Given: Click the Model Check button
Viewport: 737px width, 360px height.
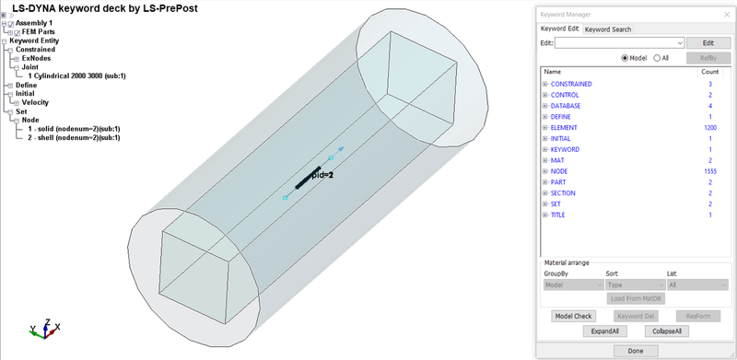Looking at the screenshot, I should point(573,316).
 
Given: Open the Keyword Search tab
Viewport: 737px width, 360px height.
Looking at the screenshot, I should point(608,29).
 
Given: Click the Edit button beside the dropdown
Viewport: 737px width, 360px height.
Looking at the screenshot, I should point(701,42).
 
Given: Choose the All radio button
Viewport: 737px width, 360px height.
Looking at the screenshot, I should point(657,57).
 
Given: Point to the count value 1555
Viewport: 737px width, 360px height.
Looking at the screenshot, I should point(709,171).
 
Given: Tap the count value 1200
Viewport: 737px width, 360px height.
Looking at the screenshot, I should point(709,127).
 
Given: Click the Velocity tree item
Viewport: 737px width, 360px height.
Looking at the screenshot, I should point(35,102).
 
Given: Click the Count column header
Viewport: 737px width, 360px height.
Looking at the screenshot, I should point(709,71).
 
